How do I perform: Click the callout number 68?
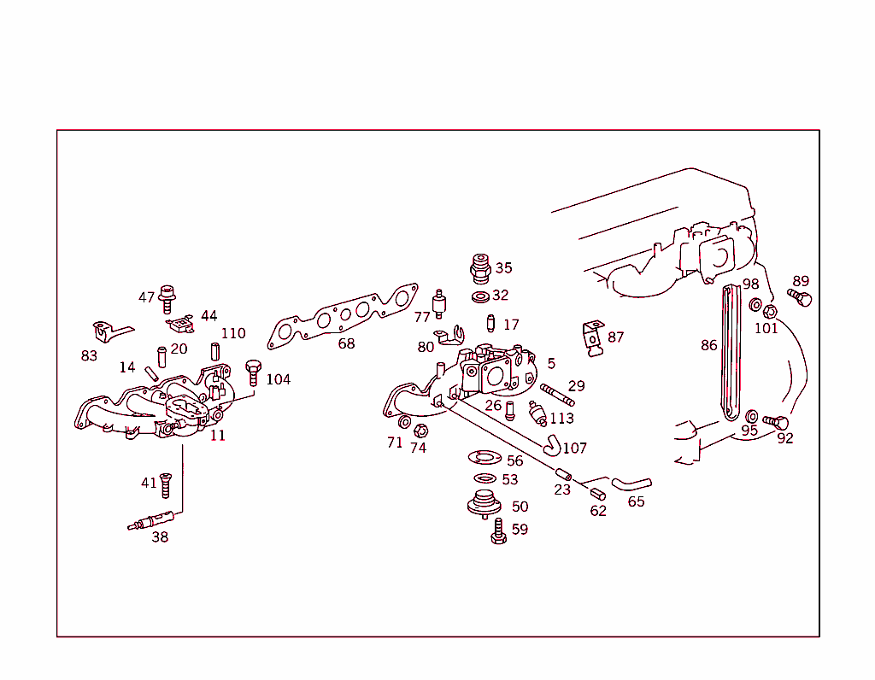pyautogui.click(x=346, y=343)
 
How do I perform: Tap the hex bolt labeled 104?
pyautogui.click(x=253, y=372)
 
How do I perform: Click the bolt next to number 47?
pyautogui.click(x=167, y=299)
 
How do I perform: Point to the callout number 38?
pyautogui.click(x=160, y=537)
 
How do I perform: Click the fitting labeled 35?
pyautogui.click(x=481, y=268)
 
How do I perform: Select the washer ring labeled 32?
pyautogui.click(x=480, y=296)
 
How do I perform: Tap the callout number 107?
pyautogui.click(x=575, y=448)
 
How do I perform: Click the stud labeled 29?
pyautogui.click(x=556, y=396)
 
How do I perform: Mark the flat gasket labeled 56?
pyautogui.click(x=485, y=460)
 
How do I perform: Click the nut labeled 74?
pyautogui.click(x=420, y=430)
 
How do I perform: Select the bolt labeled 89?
pyautogui.click(x=801, y=298)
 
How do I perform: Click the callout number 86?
pyautogui.click(x=709, y=346)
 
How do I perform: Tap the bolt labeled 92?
pyautogui.click(x=776, y=423)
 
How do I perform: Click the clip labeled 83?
pyautogui.click(x=106, y=331)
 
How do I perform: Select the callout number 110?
pyautogui.click(x=233, y=333)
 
